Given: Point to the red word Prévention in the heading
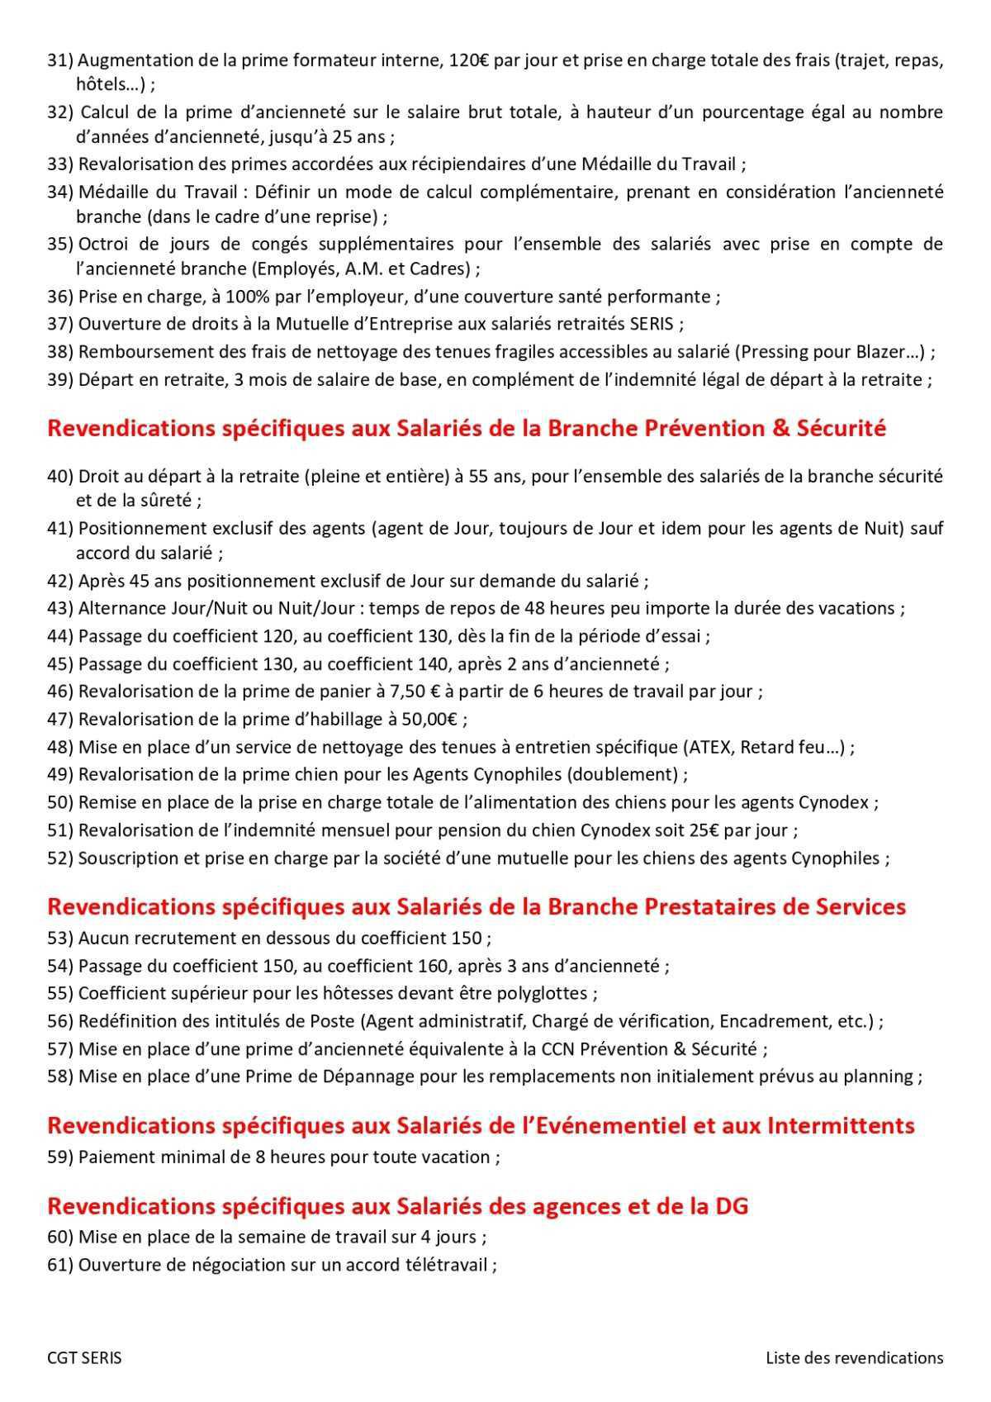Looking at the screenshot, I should pyautogui.click(x=699, y=428).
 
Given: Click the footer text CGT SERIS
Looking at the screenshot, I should pyautogui.click(x=84, y=1357).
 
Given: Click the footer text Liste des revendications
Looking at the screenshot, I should pyautogui.click(x=854, y=1357).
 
